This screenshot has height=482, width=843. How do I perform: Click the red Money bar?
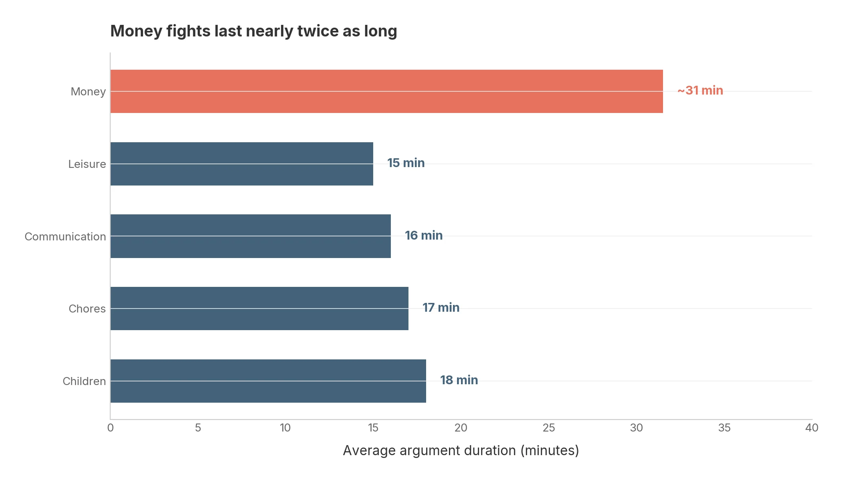[x=386, y=91]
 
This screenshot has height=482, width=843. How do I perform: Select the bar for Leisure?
[x=242, y=164]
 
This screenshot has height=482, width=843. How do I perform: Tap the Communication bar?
[x=251, y=236]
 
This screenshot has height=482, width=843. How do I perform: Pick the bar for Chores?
[x=259, y=309]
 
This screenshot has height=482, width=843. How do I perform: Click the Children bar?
[x=268, y=381]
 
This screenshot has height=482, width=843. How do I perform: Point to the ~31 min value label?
[x=700, y=91]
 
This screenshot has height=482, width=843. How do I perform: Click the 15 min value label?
[x=406, y=163]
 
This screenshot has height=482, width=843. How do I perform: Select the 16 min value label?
[x=424, y=236]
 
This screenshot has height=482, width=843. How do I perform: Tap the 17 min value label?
[x=441, y=308]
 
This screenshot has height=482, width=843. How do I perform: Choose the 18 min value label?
[x=459, y=380]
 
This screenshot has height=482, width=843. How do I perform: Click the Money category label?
[x=88, y=92]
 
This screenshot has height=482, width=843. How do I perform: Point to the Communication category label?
[x=65, y=237]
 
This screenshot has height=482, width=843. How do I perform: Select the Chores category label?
[x=87, y=309]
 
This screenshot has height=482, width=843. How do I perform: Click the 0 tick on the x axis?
[x=110, y=428]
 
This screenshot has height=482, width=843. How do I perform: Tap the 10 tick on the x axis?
[x=285, y=428]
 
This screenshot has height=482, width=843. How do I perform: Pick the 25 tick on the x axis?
[x=549, y=428]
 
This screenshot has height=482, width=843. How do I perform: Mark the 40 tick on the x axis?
[x=812, y=428]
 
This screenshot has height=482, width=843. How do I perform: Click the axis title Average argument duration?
[x=461, y=451]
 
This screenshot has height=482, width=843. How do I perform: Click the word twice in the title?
[x=318, y=31]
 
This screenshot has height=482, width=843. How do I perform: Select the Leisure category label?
[x=87, y=164]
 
